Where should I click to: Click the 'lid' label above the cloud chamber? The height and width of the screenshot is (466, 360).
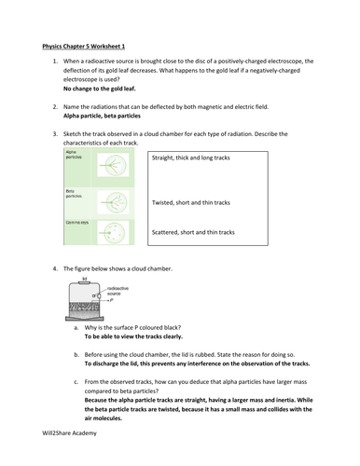[84, 279]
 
